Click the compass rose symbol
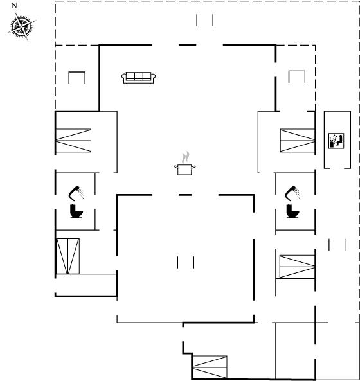[22, 26]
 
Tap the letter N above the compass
[14, 6]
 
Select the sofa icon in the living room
[139, 78]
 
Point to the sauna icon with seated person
[336, 141]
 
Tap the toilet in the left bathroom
[76, 211]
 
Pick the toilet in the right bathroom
[292, 211]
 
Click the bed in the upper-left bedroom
[73, 141]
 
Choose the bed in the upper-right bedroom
[298, 141]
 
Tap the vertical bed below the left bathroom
[68, 256]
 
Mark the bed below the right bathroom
[297, 267]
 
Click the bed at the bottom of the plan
[210, 368]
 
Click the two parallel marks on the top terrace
[205, 20]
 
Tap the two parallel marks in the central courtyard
[186, 262]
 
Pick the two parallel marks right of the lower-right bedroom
[337, 245]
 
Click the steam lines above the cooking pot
[186, 157]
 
